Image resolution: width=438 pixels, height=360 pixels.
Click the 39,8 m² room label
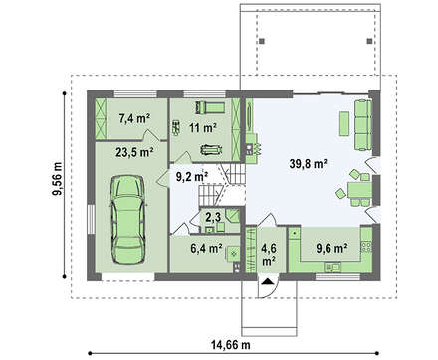(x=309, y=163)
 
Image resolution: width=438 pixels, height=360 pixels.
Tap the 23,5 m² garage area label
(x=134, y=152)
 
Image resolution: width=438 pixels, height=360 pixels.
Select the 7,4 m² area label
(x=134, y=118)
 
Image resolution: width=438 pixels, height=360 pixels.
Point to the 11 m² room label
(x=203, y=127)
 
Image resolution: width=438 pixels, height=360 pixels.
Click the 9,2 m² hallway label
(x=192, y=177)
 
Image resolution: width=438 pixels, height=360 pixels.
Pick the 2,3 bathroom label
(x=213, y=217)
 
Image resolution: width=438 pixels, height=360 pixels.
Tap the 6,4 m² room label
(x=206, y=248)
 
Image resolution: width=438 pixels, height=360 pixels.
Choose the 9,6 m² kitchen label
(x=331, y=248)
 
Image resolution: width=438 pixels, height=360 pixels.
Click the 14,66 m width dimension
(x=231, y=345)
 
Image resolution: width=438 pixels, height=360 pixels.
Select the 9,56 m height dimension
(x=58, y=179)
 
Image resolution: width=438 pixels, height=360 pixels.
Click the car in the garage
(x=128, y=219)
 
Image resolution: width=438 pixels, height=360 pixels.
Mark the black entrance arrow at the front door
(x=268, y=281)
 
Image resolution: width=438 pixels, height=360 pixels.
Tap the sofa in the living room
(x=362, y=125)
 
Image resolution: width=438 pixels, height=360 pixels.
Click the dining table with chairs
(x=356, y=189)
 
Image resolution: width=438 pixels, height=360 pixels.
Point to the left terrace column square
(x=262, y=41)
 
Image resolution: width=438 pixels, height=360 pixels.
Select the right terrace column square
(x=369, y=41)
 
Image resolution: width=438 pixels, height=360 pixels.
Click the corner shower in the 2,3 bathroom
(x=233, y=215)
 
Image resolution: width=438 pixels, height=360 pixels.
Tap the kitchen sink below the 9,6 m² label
(x=332, y=266)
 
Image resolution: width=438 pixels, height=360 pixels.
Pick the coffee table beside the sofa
(x=344, y=123)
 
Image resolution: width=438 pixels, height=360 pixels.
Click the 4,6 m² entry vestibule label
(x=269, y=255)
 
